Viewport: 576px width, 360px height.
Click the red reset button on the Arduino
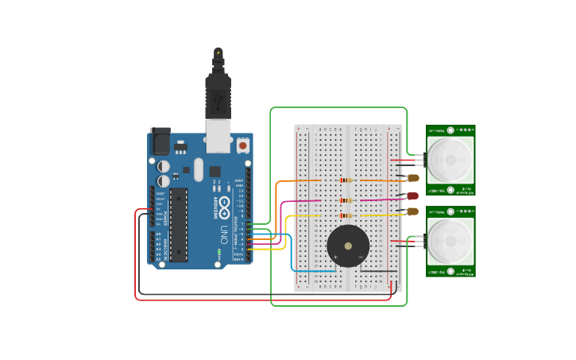[x=242, y=146]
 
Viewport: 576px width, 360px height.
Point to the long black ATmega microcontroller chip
[x=179, y=224]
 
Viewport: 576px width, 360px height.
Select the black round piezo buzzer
[x=348, y=246]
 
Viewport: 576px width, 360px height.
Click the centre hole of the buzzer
[x=348, y=246]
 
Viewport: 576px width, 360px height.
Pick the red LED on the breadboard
[x=412, y=195]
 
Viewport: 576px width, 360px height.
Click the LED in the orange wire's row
[x=412, y=179]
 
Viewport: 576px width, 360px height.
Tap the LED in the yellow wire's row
[x=412, y=211]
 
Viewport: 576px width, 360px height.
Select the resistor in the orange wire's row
[x=345, y=180]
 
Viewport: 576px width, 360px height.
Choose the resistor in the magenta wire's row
[x=345, y=200]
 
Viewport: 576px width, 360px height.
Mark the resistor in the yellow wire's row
[x=345, y=215]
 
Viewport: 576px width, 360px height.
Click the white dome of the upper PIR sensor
[x=450, y=160]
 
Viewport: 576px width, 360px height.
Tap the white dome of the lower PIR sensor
[x=450, y=241]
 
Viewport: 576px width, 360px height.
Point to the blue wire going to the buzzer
[x=293, y=254]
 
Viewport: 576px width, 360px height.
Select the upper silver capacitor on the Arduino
[x=164, y=166]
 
